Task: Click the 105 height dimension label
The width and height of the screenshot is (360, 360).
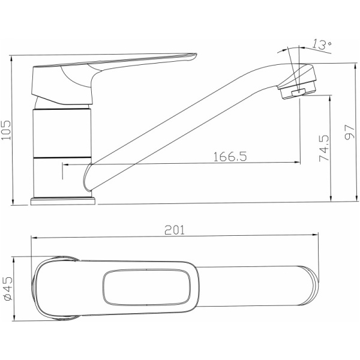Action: pyautogui.click(x=6, y=130)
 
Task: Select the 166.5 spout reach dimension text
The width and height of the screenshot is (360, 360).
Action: pyautogui.click(x=230, y=157)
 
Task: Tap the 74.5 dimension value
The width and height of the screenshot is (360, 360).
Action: pyautogui.click(x=324, y=149)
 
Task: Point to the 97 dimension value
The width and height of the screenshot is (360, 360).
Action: pyautogui.click(x=350, y=132)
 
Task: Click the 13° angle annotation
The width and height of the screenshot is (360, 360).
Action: pyautogui.click(x=322, y=44)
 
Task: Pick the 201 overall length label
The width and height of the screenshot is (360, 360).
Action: pyautogui.click(x=175, y=230)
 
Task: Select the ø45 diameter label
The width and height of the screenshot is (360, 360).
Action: pyautogui.click(x=8, y=289)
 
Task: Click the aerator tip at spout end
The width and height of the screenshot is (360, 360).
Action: pyautogui.click(x=298, y=93)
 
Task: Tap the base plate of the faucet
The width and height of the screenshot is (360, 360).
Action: pyautogui.click(x=63, y=201)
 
